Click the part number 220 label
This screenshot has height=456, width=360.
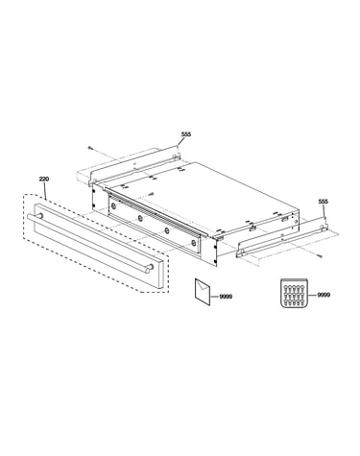click(44, 180)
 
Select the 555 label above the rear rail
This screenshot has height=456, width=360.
click(186, 134)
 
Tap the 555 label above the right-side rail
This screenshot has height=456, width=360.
click(324, 202)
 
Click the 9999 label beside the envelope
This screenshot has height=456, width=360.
click(226, 297)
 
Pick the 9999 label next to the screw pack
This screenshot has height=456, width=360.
click(324, 295)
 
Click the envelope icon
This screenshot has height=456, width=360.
click(203, 291)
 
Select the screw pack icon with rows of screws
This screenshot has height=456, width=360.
click(293, 293)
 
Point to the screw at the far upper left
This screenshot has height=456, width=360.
click(90, 148)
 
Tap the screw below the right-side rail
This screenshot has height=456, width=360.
click(319, 255)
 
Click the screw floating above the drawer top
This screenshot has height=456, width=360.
click(151, 194)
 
